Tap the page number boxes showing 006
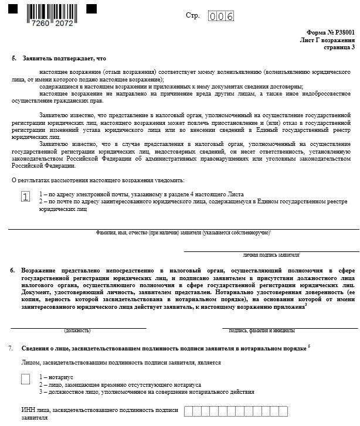(x=222, y=16)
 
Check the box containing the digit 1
(x=25, y=197)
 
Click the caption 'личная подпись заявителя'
(x=271, y=255)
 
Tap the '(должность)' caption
(x=77, y=330)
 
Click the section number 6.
(x=12, y=270)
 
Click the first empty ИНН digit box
(x=188, y=411)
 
